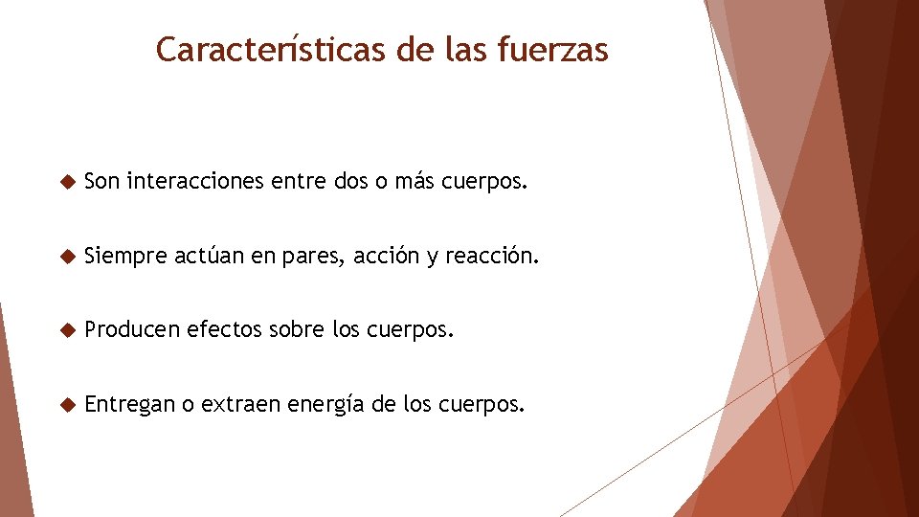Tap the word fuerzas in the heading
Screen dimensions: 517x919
pyautogui.click(x=552, y=49)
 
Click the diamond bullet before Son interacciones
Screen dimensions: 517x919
pyautogui.click(x=66, y=181)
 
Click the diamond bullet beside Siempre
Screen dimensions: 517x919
pyautogui.click(x=66, y=257)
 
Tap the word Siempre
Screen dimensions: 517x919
pyautogui.click(x=125, y=256)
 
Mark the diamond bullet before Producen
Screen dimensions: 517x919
pyautogui.click(x=66, y=331)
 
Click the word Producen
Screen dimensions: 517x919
pyautogui.click(x=131, y=330)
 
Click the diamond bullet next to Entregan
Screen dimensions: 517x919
pyautogui.click(x=66, y=405)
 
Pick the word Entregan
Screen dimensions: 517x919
pyautogui.click(x=129, y=406)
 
